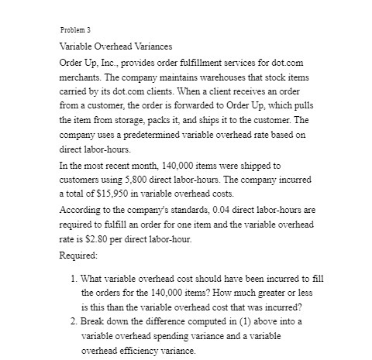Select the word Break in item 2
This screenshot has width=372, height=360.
94,323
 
